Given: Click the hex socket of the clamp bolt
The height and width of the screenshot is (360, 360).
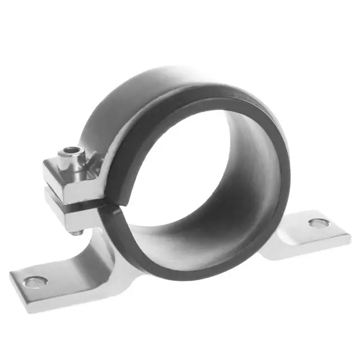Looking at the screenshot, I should (x=71, y=150).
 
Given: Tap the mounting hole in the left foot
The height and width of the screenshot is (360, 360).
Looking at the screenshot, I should (x=35, y=281).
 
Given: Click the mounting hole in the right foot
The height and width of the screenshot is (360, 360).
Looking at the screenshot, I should (x=319, y=223).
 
